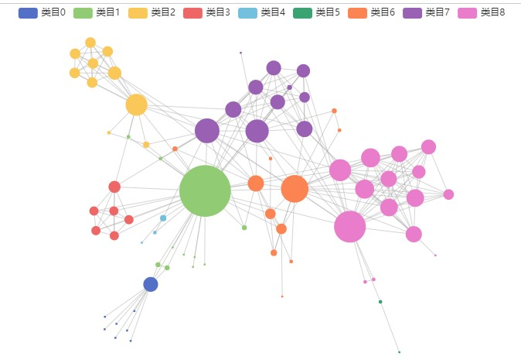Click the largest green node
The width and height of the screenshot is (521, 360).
pos(205,190)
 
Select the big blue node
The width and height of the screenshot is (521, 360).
pos(151,284)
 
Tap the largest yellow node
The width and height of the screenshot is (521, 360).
pos(136,105)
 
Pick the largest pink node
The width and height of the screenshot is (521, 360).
pos(349,227)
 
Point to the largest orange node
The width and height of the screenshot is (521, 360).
pos(295,188)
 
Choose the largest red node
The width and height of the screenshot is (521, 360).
pos(114,187)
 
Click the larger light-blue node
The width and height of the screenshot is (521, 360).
pos(163,218)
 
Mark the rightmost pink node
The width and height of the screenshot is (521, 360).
pos(448,194)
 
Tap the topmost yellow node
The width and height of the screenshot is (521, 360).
pos(90,43)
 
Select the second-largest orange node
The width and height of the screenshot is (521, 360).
pos(256,183)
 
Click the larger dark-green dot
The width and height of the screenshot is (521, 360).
pos(380,302)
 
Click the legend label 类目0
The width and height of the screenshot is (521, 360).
pos(53,12)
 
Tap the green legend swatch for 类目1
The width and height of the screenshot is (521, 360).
pos(83,12)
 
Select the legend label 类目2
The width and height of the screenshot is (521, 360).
pos(163,12)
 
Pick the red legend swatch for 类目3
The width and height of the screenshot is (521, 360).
pos(192,12)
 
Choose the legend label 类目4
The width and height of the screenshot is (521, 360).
pos(273,12)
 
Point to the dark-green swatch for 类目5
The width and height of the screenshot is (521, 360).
pos(302,12)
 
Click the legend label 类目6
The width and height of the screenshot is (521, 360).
pos(383,12)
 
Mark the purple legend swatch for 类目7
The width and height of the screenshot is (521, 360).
pos(412,12)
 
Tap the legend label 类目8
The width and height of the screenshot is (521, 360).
pos(492,12)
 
